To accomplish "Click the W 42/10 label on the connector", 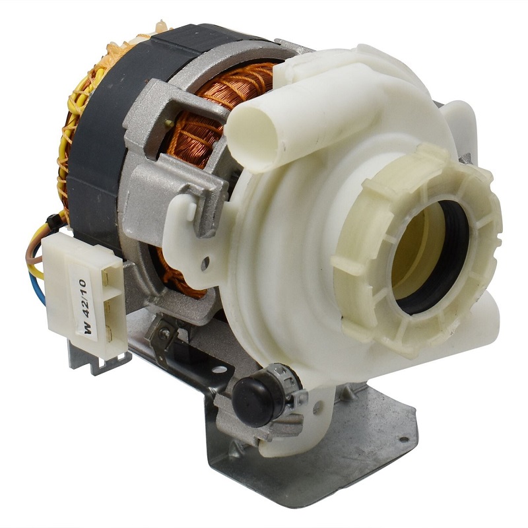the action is coord(88,306).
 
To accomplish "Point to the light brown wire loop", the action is coord(33,249).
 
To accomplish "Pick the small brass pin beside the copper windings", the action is coord(168,123).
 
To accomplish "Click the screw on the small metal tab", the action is coord(166,333).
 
